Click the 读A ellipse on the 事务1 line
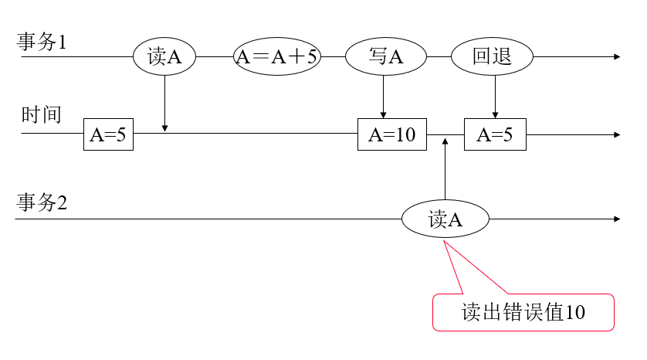(x=164, y=56)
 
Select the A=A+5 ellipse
(x=276, y=56)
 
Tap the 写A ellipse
(x=386, y=56)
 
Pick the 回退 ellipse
(x=493, y=56)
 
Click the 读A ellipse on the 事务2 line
(x=445, y=219)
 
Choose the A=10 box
(x=392, y=134)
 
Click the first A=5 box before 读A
(x=108, y=134)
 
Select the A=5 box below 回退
(x=495, y=134)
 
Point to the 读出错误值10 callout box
(x=523, y=312)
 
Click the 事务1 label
(x=42, y=42)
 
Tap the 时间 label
(x=41, y=115)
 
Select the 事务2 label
(x=42, y=203)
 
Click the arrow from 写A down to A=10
(x=384, y=97)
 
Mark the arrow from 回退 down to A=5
(x=495, y=97)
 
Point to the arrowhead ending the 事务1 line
(x=616, y=56)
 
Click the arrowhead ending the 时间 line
(x=616, y=134)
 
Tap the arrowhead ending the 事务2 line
(x=616, y=219)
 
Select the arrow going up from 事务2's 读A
(x=445, y=170)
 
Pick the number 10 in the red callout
(x=575, y=312)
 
